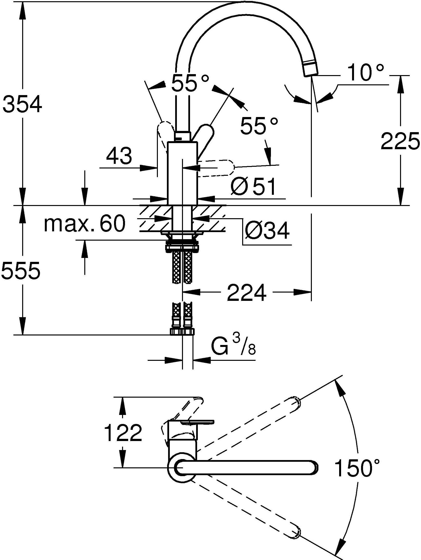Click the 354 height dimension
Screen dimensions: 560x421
tap(22, 104)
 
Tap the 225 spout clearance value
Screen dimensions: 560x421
tap(400, 141)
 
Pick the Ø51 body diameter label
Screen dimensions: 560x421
tap(253, 187)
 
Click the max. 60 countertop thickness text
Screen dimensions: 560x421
tap(85, 224)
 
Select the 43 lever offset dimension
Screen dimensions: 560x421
tap(119, 156)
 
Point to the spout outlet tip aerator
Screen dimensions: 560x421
tap(310, 70)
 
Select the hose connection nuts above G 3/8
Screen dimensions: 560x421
tap(182, 332)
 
